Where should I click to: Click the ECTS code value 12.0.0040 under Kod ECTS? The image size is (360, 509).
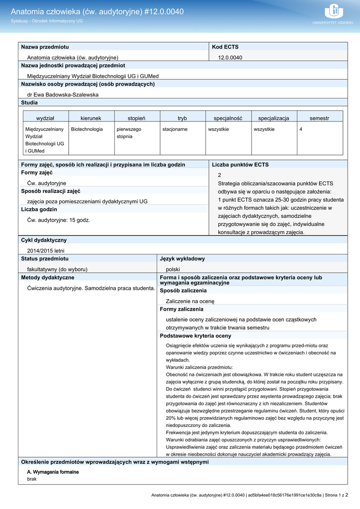pyautogui.click(x=230, y=58)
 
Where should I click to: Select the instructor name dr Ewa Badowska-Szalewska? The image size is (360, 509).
pyautogui.click(x=63, y=94)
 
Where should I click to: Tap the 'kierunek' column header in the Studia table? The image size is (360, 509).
pyautogui.click(x=91, y=118)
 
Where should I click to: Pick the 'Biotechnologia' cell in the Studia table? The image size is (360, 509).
pyautogui.click(x=87, y=129)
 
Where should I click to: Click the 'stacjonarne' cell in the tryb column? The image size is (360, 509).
pyautogui.click(x=175, y=129)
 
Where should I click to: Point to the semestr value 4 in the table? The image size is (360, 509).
pyautogui.click(x=301, y=129)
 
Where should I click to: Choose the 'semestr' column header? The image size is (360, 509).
pyautogui.click(x=319, y=118)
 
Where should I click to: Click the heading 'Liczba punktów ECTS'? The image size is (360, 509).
pyautogui.click(x=240, y=165)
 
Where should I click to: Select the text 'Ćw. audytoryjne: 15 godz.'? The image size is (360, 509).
pyautogui.click(x=59, y=220)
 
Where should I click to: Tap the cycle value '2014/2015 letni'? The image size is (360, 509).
pyautogui.click(x=46, y=251)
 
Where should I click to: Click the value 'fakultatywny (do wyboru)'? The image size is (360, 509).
pyautogui.click(x=57, y=269)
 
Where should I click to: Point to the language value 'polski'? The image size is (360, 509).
pyautogui.click(x=173, y=269)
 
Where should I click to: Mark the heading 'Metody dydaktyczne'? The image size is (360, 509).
pyautogui.click(x=48, y=277)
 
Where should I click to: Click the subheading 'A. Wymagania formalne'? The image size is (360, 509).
pyautogui.click(x=53, y=472)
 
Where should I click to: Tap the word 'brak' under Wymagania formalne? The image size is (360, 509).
pyautogui.click(x=32, y=479)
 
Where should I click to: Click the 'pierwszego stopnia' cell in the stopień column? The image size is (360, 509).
pyautogui.click(x=129, y=133)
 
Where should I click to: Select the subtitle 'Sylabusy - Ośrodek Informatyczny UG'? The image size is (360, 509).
pyautogui.click(x=47, y=21)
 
